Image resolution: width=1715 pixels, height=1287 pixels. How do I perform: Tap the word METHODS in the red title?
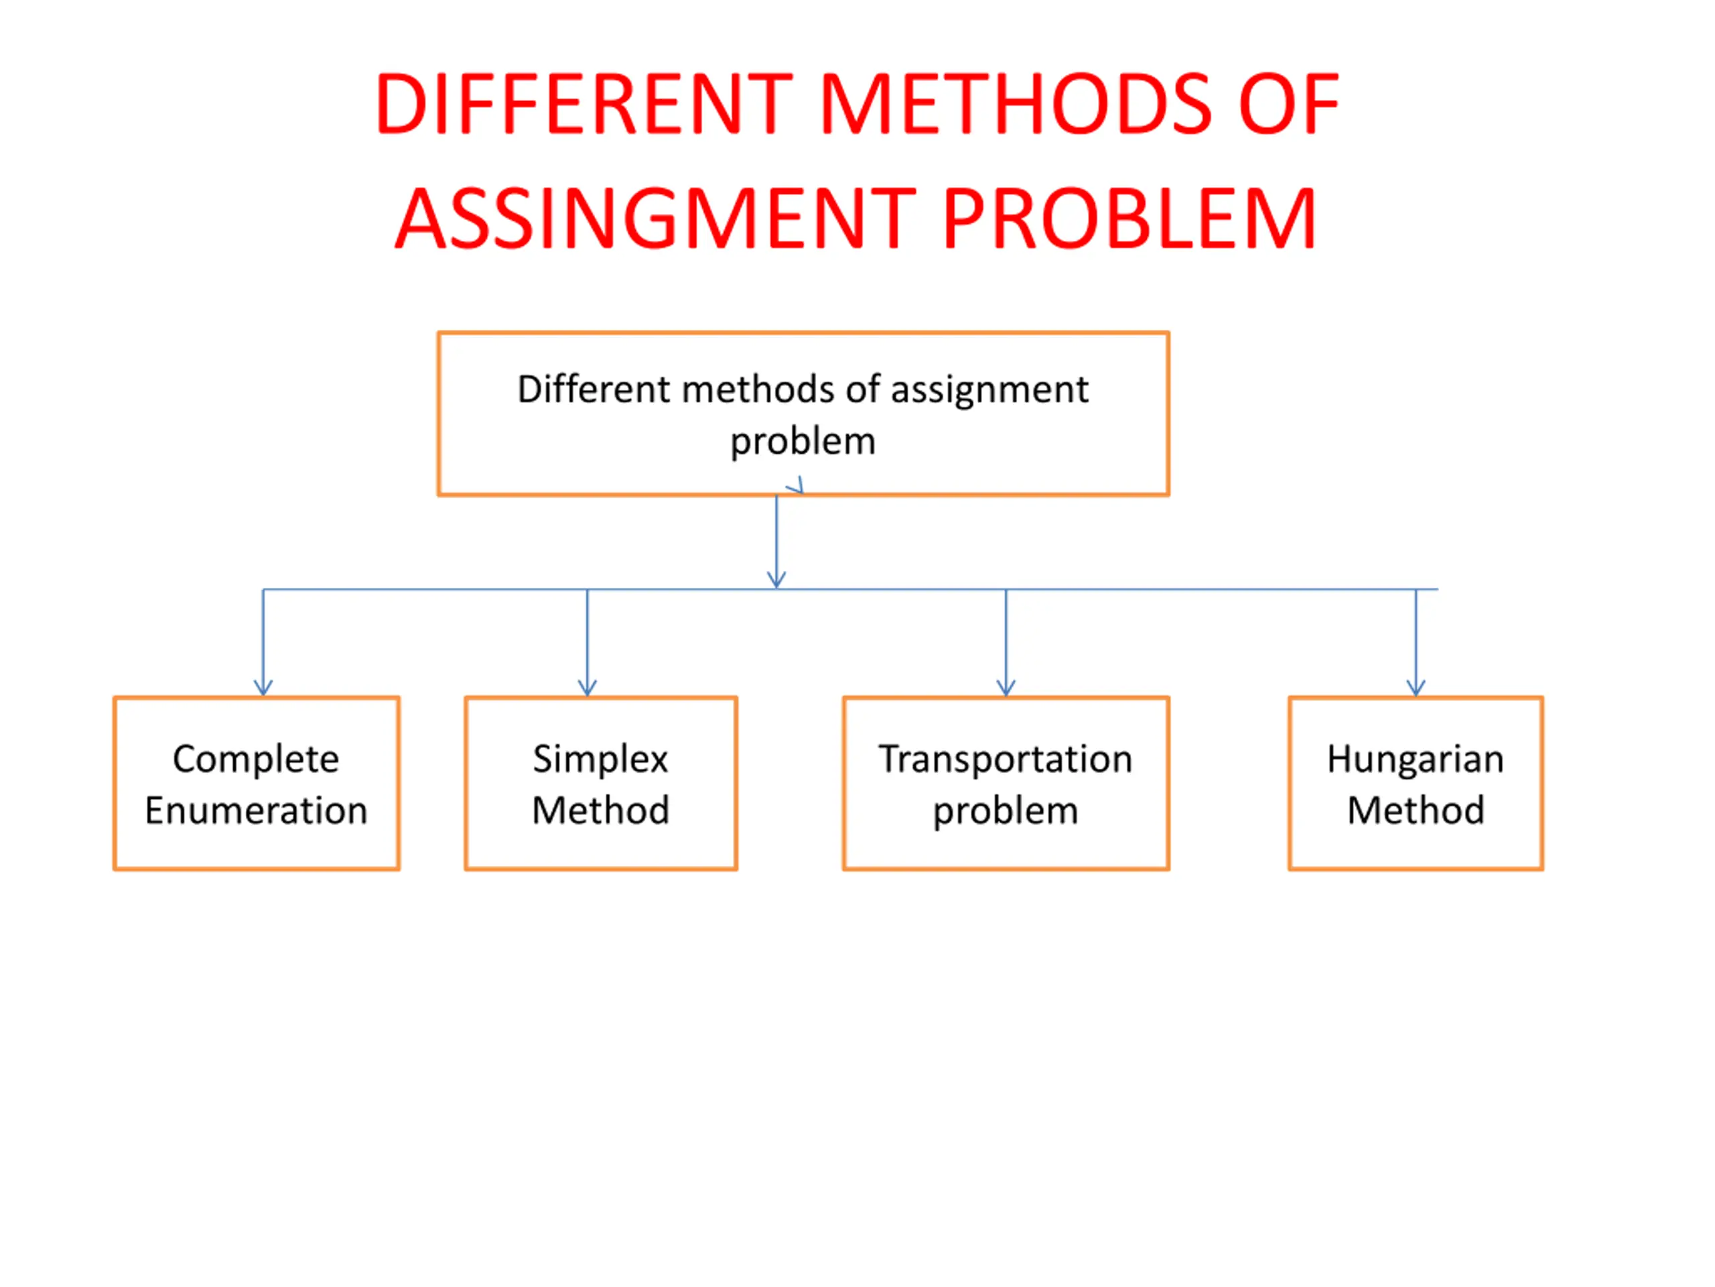click(x=1015, y=104)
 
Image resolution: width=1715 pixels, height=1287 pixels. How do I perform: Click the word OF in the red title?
click(x=1288, y=104)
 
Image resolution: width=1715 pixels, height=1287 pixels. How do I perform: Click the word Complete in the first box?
click(x=256, y=759)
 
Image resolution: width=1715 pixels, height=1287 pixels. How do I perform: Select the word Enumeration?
click(x=256, y=810)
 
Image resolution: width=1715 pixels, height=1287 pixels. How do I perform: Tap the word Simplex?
click(x=600, y=759)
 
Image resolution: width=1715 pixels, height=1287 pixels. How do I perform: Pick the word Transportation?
click(x=1006, y=759)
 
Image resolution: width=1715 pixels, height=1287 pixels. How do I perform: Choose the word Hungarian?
click(x=1415, y=759)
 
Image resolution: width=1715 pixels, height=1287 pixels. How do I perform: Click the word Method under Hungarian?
click(x=1415, y=810)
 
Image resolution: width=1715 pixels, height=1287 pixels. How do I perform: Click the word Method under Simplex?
click(x=600, y=810)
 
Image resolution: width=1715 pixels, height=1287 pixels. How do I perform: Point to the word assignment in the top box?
click(x=989, y=390)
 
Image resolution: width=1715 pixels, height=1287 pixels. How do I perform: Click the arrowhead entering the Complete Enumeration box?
click(x=263, y=687)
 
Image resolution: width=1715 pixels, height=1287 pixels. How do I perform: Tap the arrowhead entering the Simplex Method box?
click(x=587, y=687)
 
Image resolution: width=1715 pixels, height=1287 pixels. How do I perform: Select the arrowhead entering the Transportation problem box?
click(x=1006, y=687)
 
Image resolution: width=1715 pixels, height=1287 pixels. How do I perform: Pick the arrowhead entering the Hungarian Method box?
click(x=1416, y=687)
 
